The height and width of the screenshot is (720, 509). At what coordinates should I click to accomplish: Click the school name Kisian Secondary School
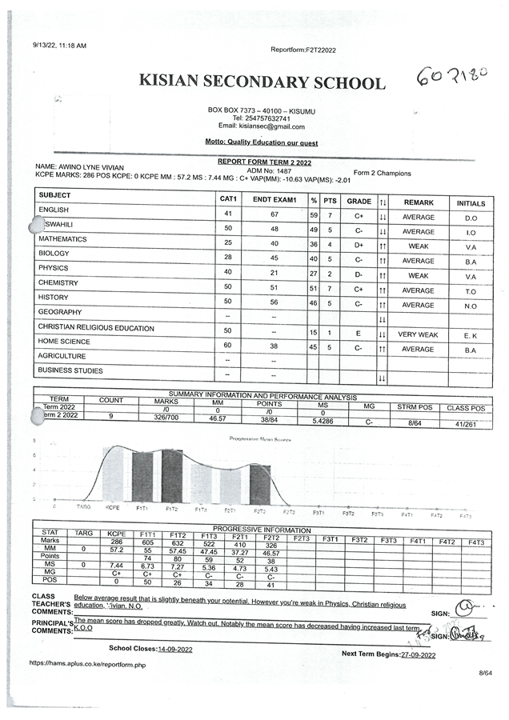click(261, 82)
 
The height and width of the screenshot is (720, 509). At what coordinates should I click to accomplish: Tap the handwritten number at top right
click(452, 77)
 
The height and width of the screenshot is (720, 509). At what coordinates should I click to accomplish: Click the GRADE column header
click(359, 202)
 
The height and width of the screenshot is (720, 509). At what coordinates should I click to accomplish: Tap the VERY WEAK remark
click(418, 334)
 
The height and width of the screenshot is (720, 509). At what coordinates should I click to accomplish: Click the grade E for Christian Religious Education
click(359, 334)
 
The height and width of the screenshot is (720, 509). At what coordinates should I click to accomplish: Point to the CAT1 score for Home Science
click(228, 346)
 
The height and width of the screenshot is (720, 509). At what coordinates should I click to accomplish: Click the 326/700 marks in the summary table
click(166, 417)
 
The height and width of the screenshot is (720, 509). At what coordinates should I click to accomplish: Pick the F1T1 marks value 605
click(147, 542)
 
